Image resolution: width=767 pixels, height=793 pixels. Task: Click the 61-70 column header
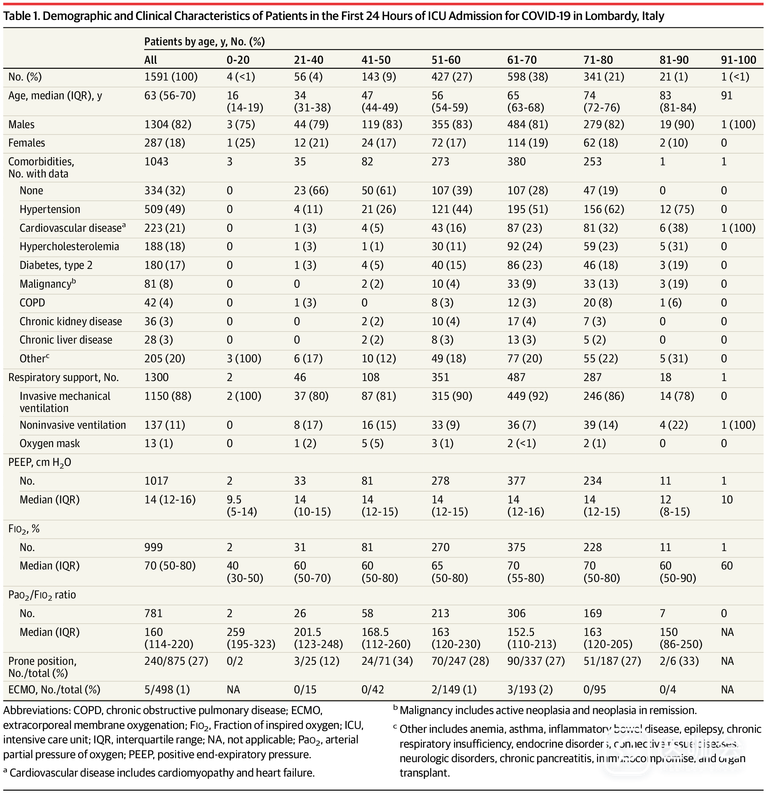coord(522,60)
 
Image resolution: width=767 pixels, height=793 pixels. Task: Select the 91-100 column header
coord(738,60)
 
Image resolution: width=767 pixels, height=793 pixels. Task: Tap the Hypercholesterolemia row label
coord(69,246)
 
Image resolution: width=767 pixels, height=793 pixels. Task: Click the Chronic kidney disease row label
coord(71,321)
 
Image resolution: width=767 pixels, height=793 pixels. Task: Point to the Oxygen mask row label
coord(50,444)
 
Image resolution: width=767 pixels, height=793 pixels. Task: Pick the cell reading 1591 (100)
coord(171,77)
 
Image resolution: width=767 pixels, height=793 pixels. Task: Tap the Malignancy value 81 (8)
coord(159,284)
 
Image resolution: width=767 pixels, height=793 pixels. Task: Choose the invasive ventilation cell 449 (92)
coord(527,396)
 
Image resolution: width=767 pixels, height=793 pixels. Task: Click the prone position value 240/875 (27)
coord(176,661)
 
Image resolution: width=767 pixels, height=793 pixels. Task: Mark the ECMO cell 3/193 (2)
coord(529,689)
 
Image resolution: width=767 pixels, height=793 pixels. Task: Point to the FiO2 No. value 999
coord(154,547)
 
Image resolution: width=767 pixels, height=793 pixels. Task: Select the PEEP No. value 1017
coord(157,481)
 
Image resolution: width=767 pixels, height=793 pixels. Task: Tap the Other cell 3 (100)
coord(243,358)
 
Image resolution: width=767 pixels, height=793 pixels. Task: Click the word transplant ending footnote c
coord(424,773)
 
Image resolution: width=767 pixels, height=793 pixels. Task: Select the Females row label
coord(27,143)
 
